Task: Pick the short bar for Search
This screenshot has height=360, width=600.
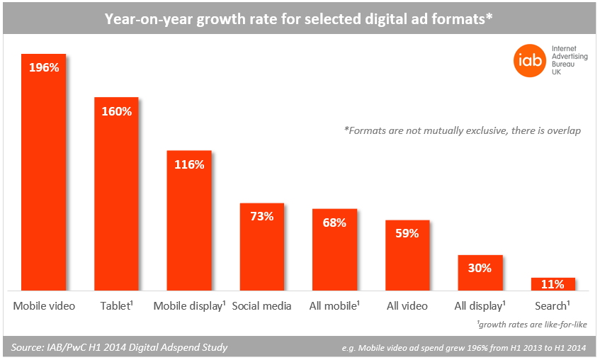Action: pyautogui.click(x=553, y=284)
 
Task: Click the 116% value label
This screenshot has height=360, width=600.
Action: pyautogui.click(x=189, y=164)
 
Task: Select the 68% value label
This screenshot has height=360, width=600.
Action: pyautogui.click(x=334, y=223)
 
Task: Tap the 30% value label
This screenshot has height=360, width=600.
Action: pyautogui.click(x=480, y=268)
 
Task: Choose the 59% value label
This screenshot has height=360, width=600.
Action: pyautogui.click(x=407, y=233)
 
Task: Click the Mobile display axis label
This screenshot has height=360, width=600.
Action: pyautogui.click(x=189, y=306)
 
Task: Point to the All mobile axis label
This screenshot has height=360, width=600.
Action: pyautogui.click(x=334, y=306)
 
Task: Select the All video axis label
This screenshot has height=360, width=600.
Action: pyautogui.click(x=407, y=306)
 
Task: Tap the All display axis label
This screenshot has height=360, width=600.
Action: pyautogui.click(x=480, y=306)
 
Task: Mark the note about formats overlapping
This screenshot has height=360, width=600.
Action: pyautogui.click(x=462, y=131)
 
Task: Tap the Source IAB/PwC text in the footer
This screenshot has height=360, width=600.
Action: pyautogui.click(x=120, y=347)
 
